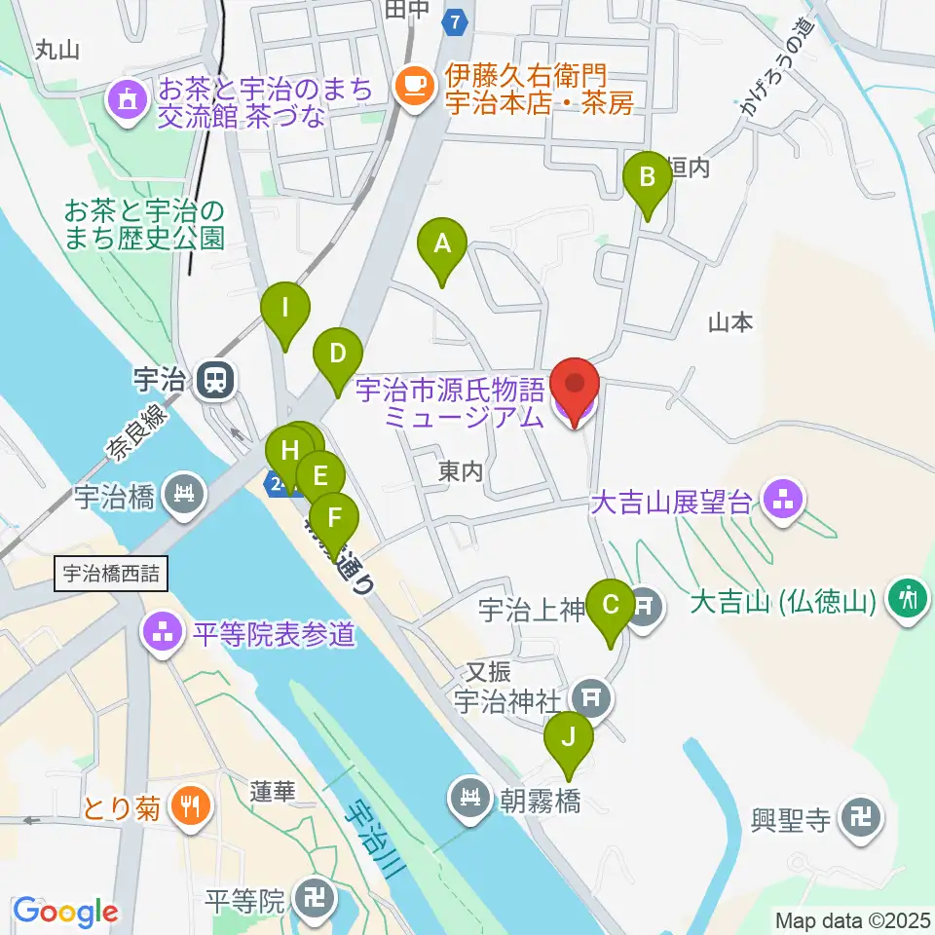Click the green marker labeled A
(442, 243)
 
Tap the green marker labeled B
(646, 178)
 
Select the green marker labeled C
(611, 605)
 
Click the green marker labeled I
(285, 309)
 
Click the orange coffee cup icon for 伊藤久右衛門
(415, 86)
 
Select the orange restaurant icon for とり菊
(185, 806)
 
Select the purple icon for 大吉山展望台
(782, 501)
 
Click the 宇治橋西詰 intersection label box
(111, 575)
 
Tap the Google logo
(65, 912)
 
